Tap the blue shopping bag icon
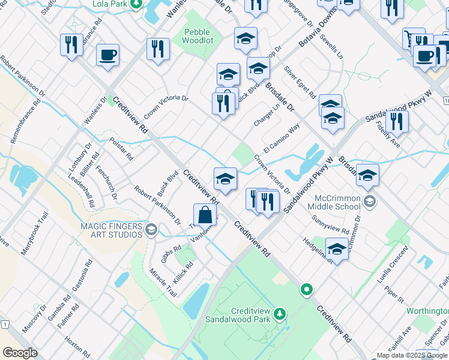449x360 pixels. click(205, 214)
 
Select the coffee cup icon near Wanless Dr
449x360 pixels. click(107, 55)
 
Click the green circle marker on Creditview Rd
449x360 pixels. click(307, 290)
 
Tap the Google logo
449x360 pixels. click(20, 353)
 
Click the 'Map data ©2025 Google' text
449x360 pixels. click(412, 355)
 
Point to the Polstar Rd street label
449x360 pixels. click(121, 148)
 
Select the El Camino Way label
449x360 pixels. click(281, 139)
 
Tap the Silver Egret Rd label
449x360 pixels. click(300, 82)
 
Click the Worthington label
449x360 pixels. click(427, 311)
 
